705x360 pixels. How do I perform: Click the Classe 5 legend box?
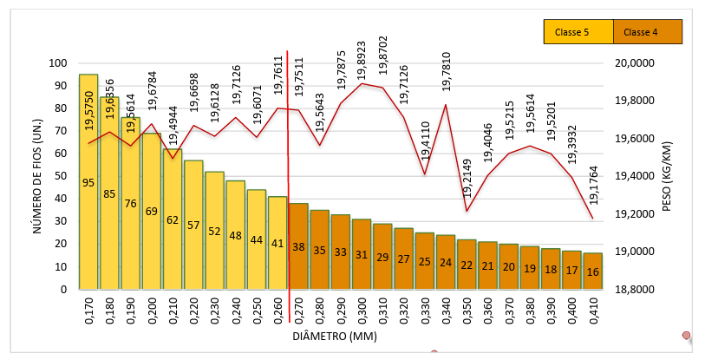coord(578,32)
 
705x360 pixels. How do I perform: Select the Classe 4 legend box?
coord(647,32)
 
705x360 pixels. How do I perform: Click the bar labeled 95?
coord(88,182)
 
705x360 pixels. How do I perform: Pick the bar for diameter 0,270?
coord(298,246)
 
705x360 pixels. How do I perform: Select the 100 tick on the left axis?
coord(58,63)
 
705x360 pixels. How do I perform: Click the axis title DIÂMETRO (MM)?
coord(334,336)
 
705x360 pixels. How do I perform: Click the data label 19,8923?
coord(362,58)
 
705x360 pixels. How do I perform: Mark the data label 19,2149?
coord(467,180)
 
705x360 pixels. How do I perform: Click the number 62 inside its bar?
coord(173,220)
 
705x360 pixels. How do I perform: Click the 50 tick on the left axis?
coord(62,176)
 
